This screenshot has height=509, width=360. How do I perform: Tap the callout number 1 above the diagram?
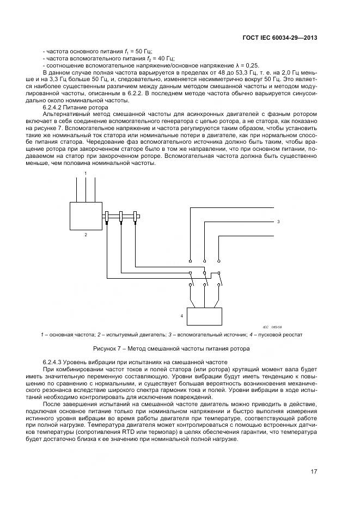(86, 173)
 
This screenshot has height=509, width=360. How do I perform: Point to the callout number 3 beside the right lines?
(278, 222)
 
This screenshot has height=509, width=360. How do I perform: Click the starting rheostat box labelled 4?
(204, 315)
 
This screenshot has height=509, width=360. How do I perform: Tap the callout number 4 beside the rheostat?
(181, 315)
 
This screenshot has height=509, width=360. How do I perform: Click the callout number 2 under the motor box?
(86, 235)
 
